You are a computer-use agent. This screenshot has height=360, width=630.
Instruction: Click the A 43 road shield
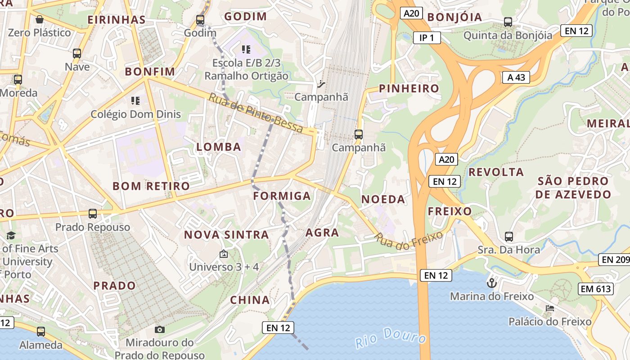click(516, 77)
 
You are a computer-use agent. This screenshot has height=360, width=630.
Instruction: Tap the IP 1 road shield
click(427, 38)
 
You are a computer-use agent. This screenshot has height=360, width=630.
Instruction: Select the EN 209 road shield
click(614, 260)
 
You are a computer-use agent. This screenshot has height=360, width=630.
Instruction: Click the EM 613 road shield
click(596, 289)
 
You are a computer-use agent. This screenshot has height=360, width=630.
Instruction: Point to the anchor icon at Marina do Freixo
click(492, 283)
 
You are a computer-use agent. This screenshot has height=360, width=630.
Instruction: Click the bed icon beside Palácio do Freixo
click(549, 308)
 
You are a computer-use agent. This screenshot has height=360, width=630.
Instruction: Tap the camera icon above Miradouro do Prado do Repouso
click(160, 329)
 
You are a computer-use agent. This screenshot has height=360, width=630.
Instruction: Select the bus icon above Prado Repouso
click(93, 214)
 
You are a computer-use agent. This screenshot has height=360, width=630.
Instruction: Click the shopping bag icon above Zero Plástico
click(40, 19)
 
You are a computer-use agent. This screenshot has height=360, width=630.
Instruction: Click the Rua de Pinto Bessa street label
click(256, 112)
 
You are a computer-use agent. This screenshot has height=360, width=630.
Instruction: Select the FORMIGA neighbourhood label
click(282, 196)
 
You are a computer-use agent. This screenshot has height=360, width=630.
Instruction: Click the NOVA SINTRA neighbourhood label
click(226, 234)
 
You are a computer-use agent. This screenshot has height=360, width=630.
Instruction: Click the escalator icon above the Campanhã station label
click(321, 84)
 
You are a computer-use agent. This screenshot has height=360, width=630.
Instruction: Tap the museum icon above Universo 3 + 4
click(223, 254)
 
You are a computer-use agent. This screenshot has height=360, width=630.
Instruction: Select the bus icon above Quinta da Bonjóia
click(508, 22)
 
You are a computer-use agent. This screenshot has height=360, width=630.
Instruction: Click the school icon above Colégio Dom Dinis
click(135, 101)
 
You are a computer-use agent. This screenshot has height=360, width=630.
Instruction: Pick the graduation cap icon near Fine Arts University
click(11, 235)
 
